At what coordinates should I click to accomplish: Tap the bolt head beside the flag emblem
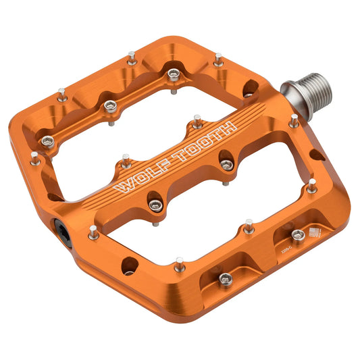(297, 235)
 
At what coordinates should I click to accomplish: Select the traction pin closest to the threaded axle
(293, 122)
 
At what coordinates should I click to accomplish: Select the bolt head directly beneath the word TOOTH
(226, 164)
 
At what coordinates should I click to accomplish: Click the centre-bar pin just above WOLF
(126, 160)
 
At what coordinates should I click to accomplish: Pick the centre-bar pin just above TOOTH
(196, 122)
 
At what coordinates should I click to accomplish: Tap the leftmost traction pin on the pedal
(34, 157)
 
